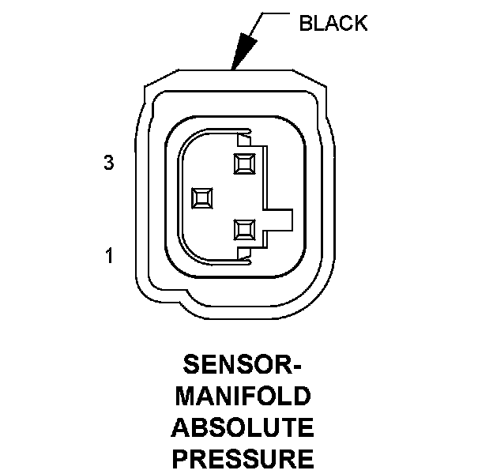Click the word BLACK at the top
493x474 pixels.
click(x=333, y=23)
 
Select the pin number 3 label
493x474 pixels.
click(x=109, y=163)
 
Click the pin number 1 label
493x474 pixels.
click(x=109, y=255)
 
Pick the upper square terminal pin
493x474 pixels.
click(x=245, y=164)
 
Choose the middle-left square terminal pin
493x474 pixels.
click(x=201, y=198)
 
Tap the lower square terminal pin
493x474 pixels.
click(x=245, y=230)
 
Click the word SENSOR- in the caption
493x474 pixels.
click(x=243, y=365)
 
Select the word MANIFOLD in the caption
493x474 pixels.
click(x=243, y=396)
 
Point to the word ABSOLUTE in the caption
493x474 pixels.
click(x=243, y=427)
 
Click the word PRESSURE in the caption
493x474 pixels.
click(x=243, y=459)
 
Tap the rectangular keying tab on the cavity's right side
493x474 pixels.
click(x=278, y=220)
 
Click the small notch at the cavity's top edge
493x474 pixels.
click(x=244, y=140)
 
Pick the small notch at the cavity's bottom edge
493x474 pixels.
click(x=244, y=254)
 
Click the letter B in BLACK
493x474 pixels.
click(x=306, y=23)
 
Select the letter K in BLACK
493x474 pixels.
click(x=360, y=23)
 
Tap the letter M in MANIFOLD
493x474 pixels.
click(x=185, y=396)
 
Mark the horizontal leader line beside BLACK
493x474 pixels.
click(x=276, y=13)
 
